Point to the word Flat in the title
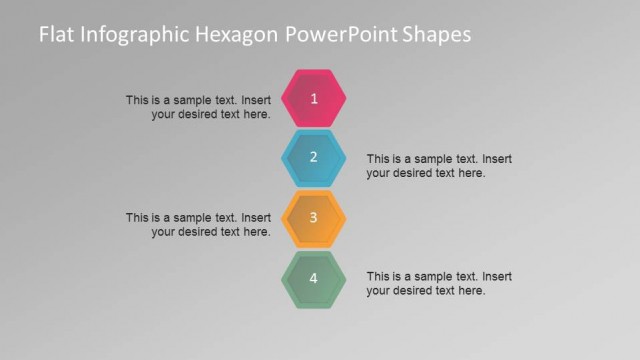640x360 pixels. (56, 35)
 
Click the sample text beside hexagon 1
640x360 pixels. (198, 107)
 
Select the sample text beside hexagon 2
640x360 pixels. (439, 166)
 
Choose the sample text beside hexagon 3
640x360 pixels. (198, 224)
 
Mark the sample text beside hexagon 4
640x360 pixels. (439, 283)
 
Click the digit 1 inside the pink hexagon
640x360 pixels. (314, 98)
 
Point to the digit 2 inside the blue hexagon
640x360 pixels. (314, 157)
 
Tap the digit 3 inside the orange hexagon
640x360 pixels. (314, 217)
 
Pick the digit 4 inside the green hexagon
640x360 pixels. (314, 278)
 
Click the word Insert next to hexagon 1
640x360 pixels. (256, 100)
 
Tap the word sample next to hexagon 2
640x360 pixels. (432, 159)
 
